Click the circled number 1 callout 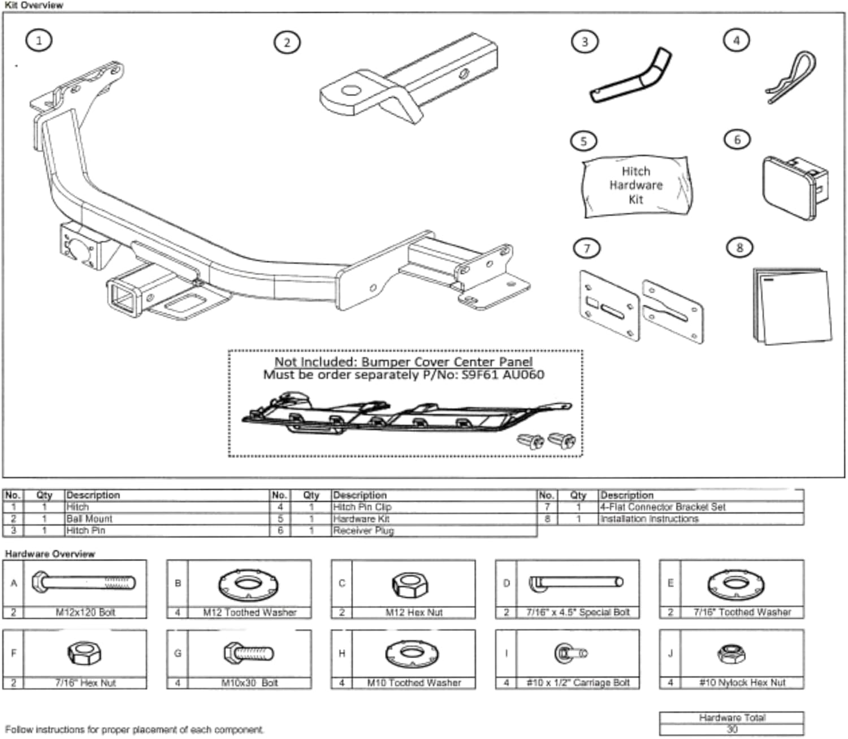[x=38, y=41]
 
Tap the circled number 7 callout [x=586, y=248]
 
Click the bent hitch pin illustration [x=631, y=77]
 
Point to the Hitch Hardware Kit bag [x=636, y=185]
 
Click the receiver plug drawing [x=794, y=187]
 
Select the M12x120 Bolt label [x=85, y=612]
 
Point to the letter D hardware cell [x=506, y=584]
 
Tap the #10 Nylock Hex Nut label [x=742, y=682]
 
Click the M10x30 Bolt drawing [x=249, y=654]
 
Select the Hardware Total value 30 [x=732, y=729]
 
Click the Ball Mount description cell [x=89, y=518]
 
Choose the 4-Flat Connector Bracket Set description [x=663, y=507]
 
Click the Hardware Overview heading [x=50, y=554]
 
